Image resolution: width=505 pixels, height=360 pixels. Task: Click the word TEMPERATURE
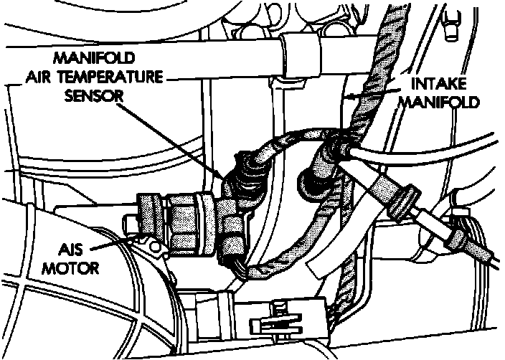coord(128,75)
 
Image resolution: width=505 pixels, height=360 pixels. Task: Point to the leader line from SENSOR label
coord(172,136)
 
